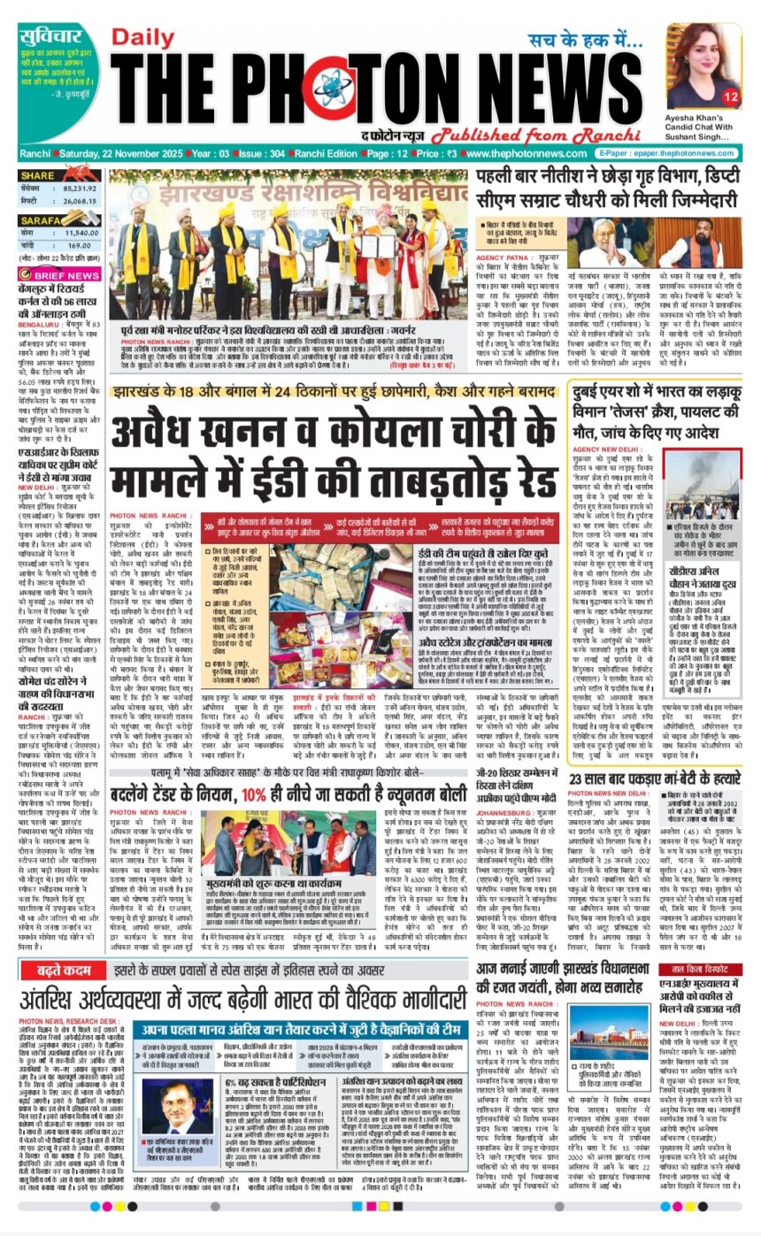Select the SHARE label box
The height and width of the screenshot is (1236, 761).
tap(39, 175)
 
